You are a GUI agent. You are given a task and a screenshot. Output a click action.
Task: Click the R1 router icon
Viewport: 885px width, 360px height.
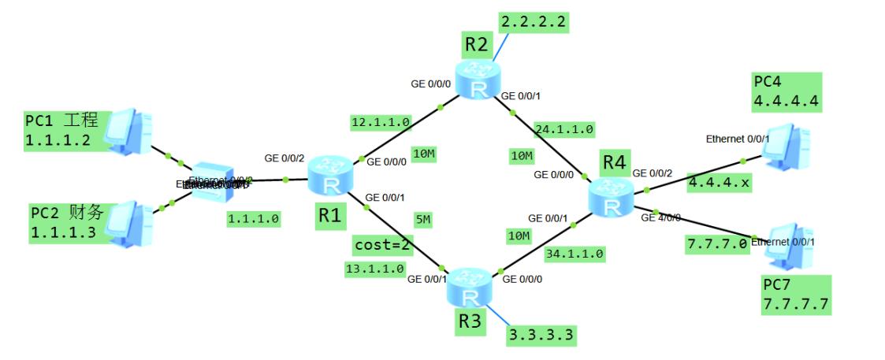(x=326, y=175)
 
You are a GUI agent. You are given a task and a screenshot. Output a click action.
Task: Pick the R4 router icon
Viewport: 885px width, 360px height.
(x=610, y=196)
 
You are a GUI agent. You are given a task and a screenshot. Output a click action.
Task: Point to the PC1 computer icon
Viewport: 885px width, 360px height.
(x=128, y=131)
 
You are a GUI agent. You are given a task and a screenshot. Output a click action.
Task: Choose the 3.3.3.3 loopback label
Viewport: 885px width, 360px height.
(x=541, y=336)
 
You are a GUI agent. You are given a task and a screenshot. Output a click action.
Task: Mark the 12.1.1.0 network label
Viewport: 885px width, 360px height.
(x=381, y=122)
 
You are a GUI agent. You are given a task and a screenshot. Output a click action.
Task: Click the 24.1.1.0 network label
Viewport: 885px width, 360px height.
(x=563, y=128)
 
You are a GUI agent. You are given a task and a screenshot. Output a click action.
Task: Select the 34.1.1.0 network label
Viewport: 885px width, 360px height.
(x=574, y=254)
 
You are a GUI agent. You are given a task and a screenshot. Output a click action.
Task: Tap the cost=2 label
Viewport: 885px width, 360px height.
(x=382, y=245)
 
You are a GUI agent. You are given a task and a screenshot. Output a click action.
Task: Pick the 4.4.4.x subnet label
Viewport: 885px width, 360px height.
(x=716, y=182)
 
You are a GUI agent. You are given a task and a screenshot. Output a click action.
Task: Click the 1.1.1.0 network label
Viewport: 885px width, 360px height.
(x=253, y=219)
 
